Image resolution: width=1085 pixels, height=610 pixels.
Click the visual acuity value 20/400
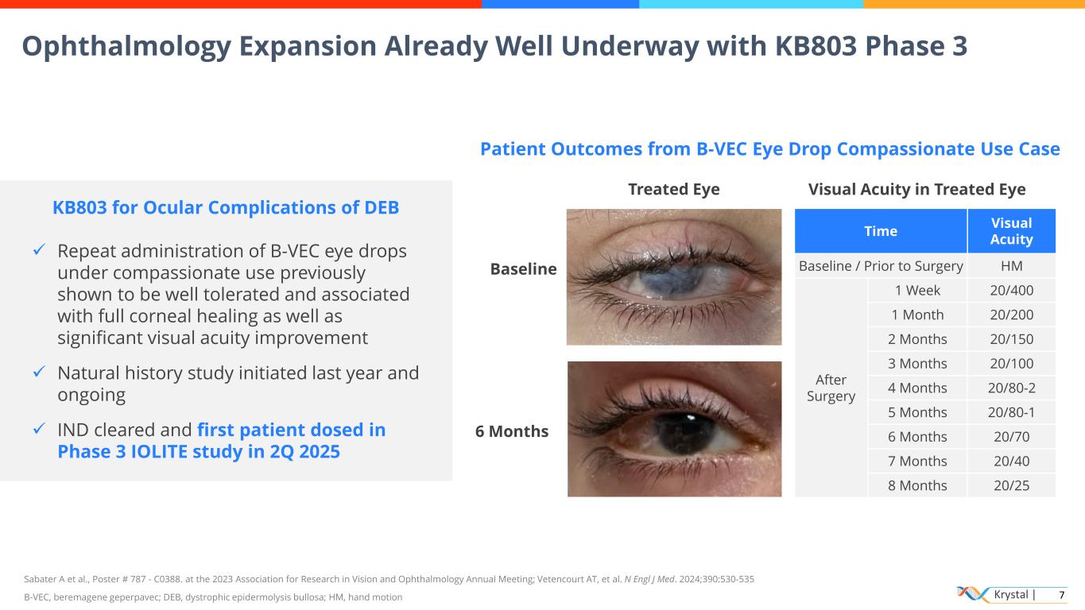[x=1011, y=290]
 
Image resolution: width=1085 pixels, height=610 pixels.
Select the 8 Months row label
[x=917, y=485]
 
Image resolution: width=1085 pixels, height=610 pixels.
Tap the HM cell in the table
[x=1011, y=266]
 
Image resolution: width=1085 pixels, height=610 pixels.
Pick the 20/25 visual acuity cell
[x=1011, y=485]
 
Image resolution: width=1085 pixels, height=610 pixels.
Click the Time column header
[x=880, y=231]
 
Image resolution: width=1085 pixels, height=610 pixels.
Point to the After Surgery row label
[x=831, y=388]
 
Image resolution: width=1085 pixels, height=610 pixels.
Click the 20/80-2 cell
[x=1011, y=388]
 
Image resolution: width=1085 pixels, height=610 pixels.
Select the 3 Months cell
[x=917, y=364]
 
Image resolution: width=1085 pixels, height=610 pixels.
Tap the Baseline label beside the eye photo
[x=523, y=269]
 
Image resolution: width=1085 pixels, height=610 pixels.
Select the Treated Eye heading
[x=673, y=189]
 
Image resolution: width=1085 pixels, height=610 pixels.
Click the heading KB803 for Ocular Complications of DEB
[x=226, y=207]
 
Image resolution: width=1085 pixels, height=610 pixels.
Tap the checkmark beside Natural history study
[x=37, y=373]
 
